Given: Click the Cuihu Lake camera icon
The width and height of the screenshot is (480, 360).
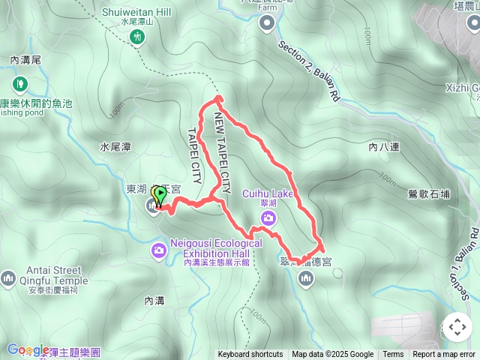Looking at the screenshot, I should [268, 217].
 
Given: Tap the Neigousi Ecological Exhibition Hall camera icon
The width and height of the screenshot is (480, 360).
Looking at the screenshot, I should [159, 250].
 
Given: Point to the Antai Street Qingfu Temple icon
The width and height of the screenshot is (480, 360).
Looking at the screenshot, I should [8, 278].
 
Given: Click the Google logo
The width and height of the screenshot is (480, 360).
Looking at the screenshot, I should [28, 349].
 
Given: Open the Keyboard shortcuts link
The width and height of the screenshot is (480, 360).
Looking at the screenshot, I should [250, 355].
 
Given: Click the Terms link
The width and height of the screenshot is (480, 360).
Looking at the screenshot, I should [393, 355].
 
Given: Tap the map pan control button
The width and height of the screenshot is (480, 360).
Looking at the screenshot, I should [457, 327].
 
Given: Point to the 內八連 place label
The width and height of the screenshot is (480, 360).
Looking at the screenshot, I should [383, 148].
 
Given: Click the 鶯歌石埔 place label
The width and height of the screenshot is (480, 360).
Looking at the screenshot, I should [430, 194].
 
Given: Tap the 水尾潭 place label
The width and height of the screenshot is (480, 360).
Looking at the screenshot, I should [115, 148].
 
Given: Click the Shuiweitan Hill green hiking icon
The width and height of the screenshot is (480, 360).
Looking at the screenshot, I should [137, 38].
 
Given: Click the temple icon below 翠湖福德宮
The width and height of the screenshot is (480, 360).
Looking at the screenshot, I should [305, 280].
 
